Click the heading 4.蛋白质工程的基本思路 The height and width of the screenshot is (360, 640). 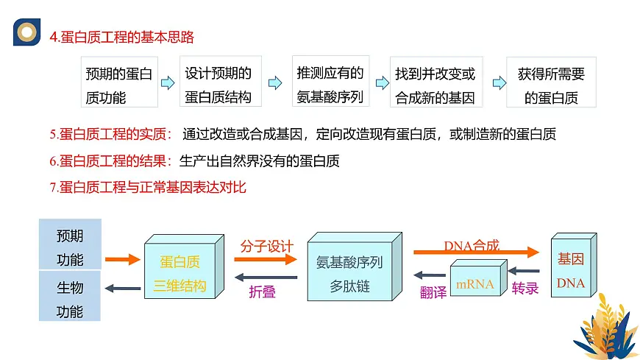pos(121,37)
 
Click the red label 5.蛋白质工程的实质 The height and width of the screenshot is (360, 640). pos(110,135)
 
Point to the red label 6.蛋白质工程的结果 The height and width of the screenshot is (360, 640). pos(110,161)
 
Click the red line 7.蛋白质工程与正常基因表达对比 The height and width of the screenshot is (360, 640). pos(148,187)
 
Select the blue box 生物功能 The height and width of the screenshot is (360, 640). pos(70,299)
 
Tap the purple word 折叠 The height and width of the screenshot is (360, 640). pos(263,292)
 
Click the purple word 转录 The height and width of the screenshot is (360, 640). pos(525,289)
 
